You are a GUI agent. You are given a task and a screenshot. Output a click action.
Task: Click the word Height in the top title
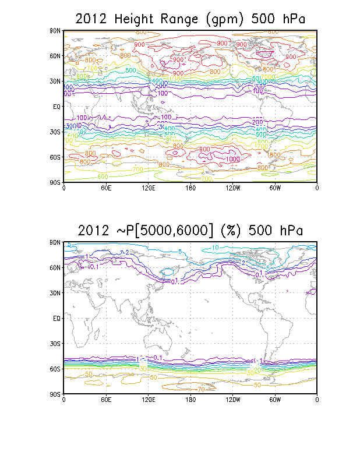(x=135, y=19)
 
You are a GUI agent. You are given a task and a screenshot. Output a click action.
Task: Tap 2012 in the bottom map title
(x=93, y=231)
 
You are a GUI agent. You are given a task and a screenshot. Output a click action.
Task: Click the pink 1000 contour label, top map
(x=232, y=159)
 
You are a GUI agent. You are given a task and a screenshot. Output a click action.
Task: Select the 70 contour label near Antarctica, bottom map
(x=200, y=389)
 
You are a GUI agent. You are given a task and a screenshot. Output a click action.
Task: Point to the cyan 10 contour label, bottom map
(x=216, y=248)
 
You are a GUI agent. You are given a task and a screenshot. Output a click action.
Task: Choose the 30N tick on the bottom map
(x=56, y=293)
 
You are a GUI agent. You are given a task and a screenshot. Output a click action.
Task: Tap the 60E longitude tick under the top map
(x=106, y=188)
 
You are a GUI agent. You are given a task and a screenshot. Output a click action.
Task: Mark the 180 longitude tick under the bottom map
(x=190, y=400)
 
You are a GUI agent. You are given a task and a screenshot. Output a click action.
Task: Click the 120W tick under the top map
(x=232, y=188)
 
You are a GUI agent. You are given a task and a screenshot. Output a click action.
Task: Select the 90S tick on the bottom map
(x=56, y=394)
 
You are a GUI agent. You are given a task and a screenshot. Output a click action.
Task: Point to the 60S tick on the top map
(x=56, y=157)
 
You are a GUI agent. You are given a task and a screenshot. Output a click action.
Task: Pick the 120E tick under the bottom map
(x=148, y=400)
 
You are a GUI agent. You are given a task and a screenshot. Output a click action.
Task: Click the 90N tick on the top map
(x=56, y=30)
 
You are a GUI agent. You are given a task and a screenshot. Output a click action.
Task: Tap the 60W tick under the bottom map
(x=275, y=400)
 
